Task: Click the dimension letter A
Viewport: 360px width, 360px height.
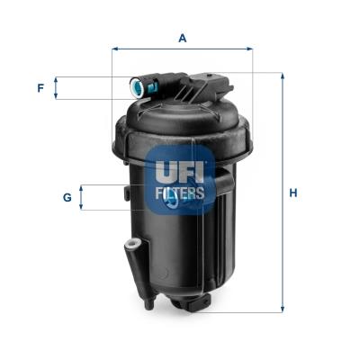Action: coord(183,38)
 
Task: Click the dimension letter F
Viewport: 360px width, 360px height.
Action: coord(40,88)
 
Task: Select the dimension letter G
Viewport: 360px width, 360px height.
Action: coord(67,197)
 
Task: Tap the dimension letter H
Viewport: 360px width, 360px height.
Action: coord(293,193)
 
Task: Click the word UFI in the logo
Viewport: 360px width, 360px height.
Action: coord(180,172)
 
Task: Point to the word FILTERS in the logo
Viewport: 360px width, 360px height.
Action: coord(180,193)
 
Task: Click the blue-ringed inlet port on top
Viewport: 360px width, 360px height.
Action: coord(137,86)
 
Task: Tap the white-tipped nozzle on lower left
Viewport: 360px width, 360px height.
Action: coord(131,243)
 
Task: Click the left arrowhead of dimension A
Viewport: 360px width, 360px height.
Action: coord(114,49)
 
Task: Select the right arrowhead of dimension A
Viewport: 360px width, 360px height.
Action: coord(250,49)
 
